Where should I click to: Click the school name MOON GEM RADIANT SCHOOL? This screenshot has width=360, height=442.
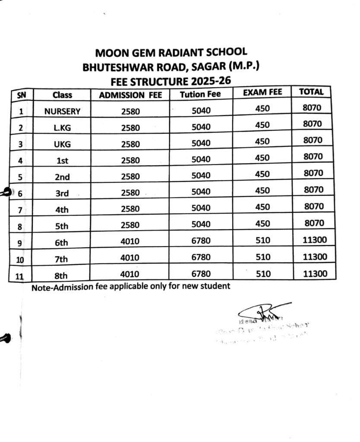[171, 53]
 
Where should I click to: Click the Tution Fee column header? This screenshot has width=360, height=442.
[200, 94]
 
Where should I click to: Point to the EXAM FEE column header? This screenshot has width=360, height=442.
[262, 92]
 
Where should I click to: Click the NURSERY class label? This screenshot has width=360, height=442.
[62, 111]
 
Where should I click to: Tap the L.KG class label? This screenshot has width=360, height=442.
[62, 128]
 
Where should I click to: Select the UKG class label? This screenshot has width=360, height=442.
[62, 144]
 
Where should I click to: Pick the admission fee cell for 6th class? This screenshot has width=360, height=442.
[130, 242]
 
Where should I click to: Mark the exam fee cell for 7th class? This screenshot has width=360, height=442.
[262, 257]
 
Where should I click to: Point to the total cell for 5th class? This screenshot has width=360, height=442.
[313, 223]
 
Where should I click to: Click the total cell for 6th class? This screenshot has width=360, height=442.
[315, 240]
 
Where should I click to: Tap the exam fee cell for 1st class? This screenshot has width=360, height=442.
[262, 158]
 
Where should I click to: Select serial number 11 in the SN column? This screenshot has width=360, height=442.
[19, 277]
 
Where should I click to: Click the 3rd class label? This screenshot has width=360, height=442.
[62, 193]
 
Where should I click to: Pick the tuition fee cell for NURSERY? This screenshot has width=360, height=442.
[201, 111]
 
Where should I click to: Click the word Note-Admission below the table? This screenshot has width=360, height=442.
[62, 287]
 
